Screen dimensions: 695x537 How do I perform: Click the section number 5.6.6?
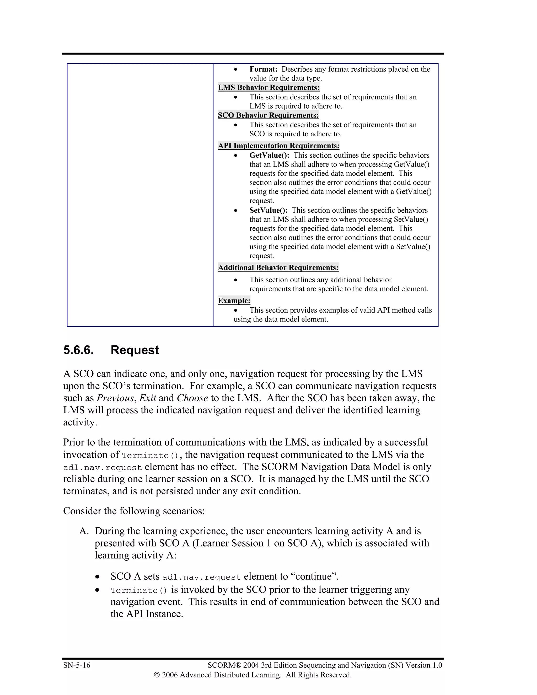(78, 350)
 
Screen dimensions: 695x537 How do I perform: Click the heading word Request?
(135, 350)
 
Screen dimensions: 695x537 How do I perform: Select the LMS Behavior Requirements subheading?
(268, 88)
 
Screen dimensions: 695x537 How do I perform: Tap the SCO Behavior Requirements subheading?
(268, 115)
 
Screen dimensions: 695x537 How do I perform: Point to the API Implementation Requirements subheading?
(278, 146)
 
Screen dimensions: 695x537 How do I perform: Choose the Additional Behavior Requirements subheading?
(278, 268)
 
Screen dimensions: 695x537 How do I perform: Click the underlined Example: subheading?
(234, 301)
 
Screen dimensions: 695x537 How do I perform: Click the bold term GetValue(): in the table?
(269, 155)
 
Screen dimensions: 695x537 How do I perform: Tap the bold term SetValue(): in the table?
(268, 210)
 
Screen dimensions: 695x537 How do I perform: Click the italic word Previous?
(115, 398)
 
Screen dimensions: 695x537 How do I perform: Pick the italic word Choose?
(192, 398)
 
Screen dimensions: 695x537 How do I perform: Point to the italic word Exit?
(148, 398)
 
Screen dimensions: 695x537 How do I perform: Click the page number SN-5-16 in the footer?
(77, 665)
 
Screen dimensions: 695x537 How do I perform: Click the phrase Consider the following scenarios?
(134, 511)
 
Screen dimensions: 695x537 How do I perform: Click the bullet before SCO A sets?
(97, 577)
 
